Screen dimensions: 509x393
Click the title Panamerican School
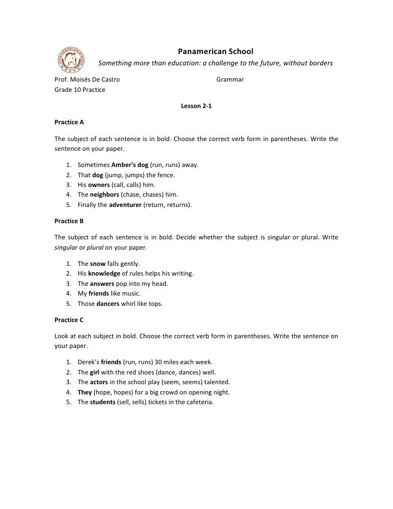(215, 52)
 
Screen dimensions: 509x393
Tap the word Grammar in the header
(230, 80)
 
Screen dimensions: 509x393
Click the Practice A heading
(69, 122)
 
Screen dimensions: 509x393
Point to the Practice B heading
(69, 221)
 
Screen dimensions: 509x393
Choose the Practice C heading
(69, 320)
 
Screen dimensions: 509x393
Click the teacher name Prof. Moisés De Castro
(87, 80)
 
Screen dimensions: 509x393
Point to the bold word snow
(97, 264)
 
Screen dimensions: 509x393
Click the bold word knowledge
(104, 273)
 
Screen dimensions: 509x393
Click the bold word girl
(95, 372)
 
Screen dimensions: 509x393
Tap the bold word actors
(99, 382)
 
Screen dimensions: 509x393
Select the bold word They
(85, 392)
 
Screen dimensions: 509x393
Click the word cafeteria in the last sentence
(199, 402)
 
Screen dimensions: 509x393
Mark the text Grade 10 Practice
(80, 90)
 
